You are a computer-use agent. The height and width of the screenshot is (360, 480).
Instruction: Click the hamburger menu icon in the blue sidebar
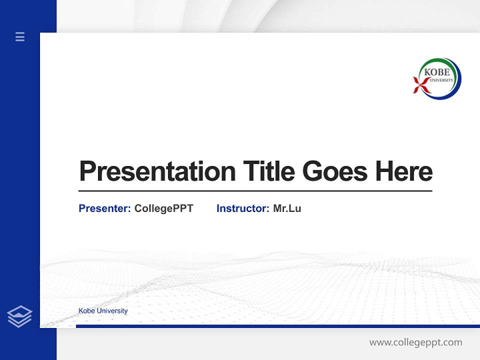[x=20, y=36]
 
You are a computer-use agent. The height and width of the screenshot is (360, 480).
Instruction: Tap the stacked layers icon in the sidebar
[x=19, y=316]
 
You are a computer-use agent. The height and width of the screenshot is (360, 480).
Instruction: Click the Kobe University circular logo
[x=437, y=78]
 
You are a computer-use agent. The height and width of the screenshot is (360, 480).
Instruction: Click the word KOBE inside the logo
[x=436, y=72]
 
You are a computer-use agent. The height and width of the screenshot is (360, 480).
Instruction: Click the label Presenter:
[x=104, y=208]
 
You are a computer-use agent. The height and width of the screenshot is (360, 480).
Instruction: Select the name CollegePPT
[x=163, y=208]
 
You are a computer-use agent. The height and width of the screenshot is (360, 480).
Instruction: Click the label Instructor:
[x=242, y=208]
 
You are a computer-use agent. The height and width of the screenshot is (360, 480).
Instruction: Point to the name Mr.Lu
[x=287, y=208]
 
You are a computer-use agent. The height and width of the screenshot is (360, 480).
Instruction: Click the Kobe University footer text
[x=103, y=311]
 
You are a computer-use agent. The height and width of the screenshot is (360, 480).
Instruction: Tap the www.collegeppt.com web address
[x=415, y=342]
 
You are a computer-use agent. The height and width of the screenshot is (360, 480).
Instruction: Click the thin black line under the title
[x=255, y=191]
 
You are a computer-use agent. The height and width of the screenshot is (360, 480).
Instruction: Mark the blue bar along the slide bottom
[x=277, y=326]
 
